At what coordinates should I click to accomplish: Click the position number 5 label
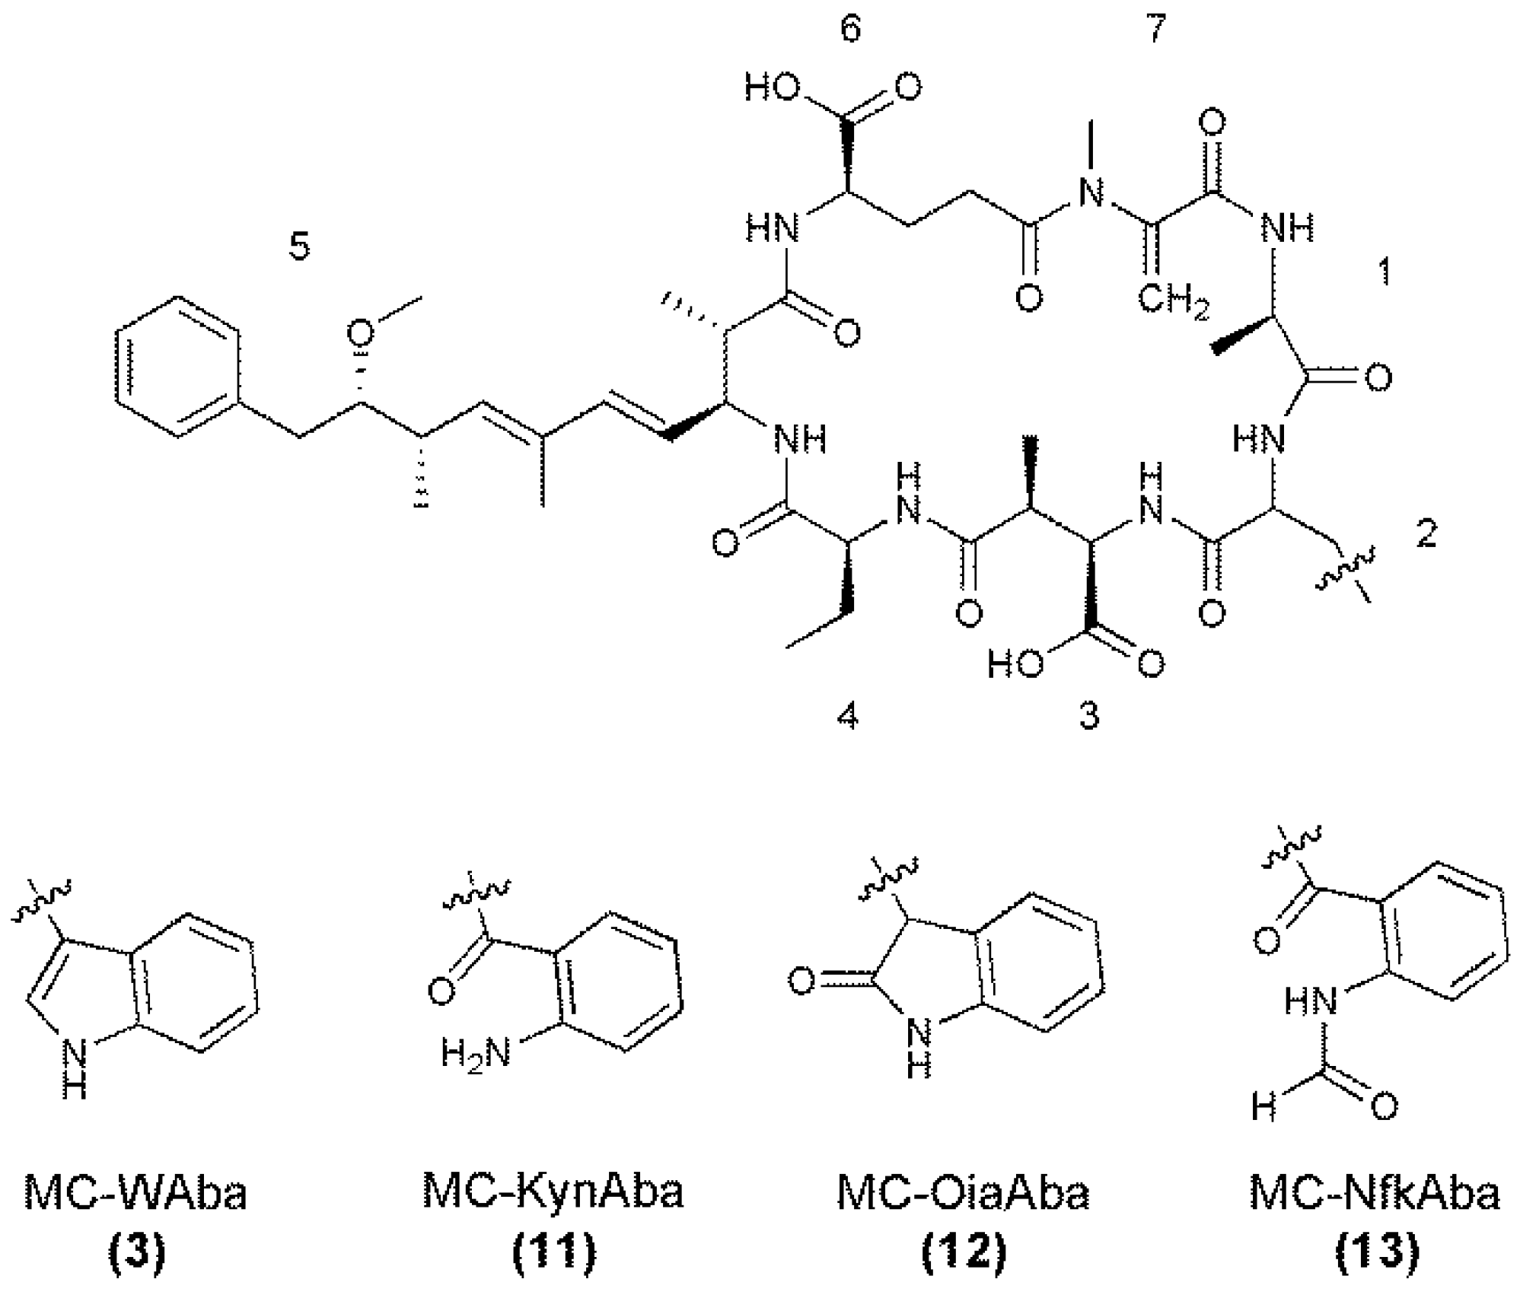300,247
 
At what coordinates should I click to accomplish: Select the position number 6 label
850,30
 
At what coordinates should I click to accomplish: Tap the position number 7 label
1155,30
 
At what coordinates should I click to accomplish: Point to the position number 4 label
847,716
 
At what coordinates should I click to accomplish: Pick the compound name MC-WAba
135,1193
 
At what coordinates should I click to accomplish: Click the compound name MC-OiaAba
963,1193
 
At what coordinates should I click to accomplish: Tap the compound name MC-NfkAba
1375,1193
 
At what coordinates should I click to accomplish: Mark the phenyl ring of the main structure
179,366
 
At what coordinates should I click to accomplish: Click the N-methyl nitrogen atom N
1091,193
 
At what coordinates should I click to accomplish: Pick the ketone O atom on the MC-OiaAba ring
801,982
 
